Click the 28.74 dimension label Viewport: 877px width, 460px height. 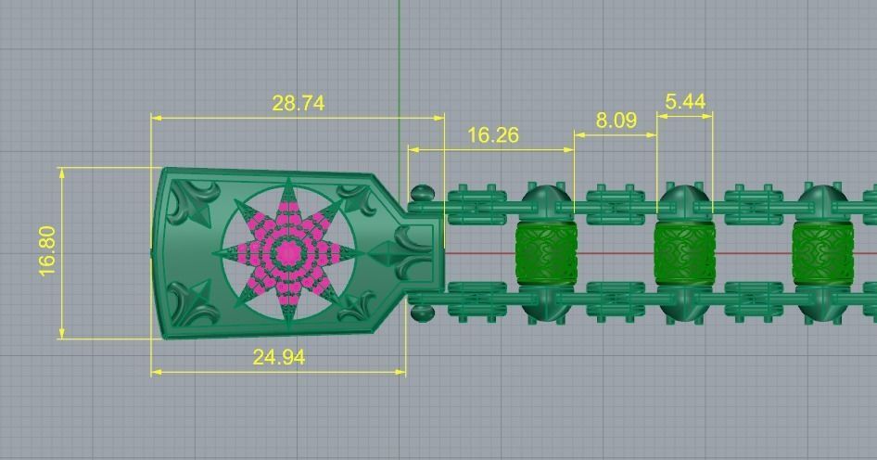[x=298, y=103]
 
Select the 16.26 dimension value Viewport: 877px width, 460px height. [x=492, y=135]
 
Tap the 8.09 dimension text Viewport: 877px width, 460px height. [x=616, y=121]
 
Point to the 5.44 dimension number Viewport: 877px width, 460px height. [x=685, y=101]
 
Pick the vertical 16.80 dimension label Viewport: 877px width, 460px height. [x=47, y=250]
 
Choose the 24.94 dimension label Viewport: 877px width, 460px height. [x=278, y=357]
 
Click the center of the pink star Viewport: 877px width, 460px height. [x=289, y=252]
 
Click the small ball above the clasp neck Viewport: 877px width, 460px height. [x=422, y=195]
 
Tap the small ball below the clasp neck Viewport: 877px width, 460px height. [x=422, y=312]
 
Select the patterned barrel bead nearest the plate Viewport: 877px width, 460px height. [x=545, y=252]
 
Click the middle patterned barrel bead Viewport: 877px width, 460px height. [x=683, y=252]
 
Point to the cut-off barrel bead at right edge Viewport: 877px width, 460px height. [x=820, y=252]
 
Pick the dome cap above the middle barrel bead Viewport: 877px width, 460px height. [x=683, y=199]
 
